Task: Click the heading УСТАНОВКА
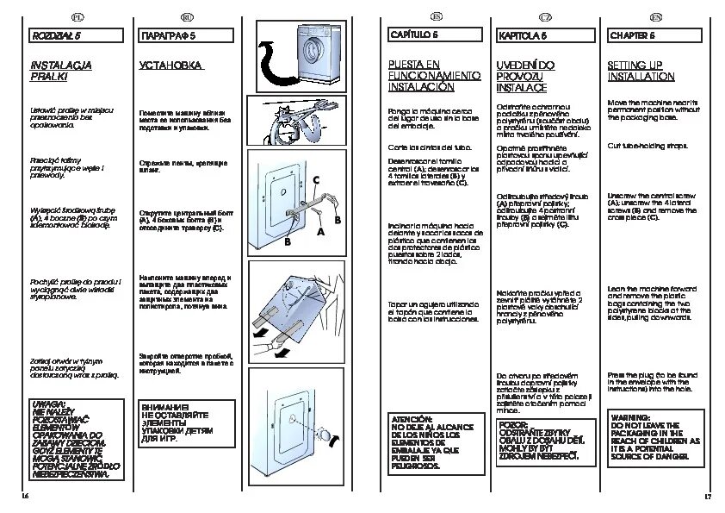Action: [x=170, y=66]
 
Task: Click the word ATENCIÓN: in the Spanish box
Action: [x=412, y=417]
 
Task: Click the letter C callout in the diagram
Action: [x=316, y=179]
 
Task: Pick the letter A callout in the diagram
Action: [x=320, y=233]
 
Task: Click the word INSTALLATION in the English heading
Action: [x=641, y=77]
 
